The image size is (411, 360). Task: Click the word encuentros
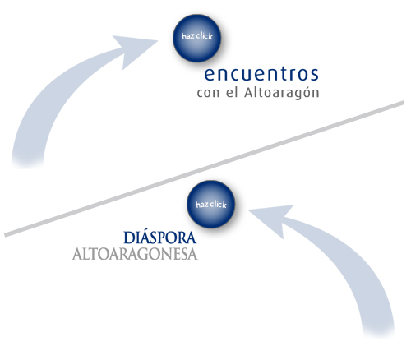tap(261, 74)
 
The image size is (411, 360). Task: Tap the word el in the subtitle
tap(232, 92)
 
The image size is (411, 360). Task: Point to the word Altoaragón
tap(282, 92)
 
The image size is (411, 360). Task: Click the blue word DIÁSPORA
tap(160, 238)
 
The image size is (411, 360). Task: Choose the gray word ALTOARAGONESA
tap(135, 254)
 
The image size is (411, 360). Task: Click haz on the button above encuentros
tap(188, 36)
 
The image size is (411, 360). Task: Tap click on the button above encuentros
tap(204, 36)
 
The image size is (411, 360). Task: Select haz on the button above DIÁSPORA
tap(202, 205)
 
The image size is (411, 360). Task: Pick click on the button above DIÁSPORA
tap(219, 205)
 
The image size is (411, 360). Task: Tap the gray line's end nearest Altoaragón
tap(404, 103)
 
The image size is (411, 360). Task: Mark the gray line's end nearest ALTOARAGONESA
tap(6, 235)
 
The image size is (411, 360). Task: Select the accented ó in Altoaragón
tap(305, 92)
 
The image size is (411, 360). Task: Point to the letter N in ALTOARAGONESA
tap(167, 254)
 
